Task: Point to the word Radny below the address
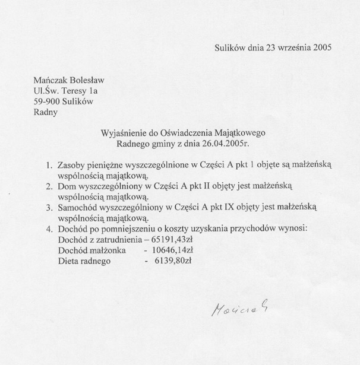(x=46, y=112)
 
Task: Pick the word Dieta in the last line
(x=69, y=262)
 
